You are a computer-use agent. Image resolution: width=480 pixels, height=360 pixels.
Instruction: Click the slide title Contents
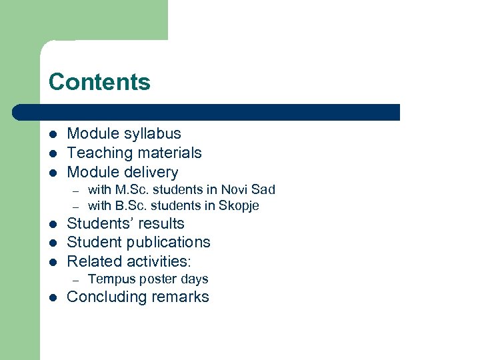[99, 82]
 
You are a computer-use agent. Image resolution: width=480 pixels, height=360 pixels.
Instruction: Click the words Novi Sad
[248, 190]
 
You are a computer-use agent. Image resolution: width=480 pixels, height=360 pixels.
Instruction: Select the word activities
[154, 261]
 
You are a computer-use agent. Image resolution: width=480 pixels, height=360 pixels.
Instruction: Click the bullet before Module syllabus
[53, 135]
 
